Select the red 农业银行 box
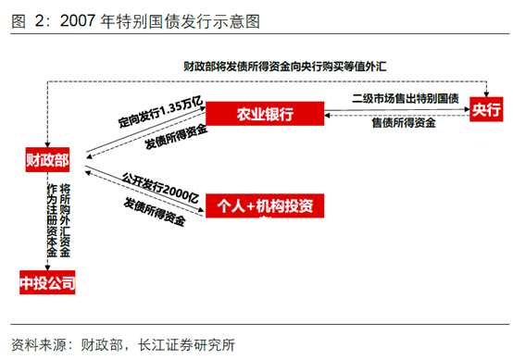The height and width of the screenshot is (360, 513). [264, 115]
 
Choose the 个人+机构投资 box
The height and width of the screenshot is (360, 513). [264, 205]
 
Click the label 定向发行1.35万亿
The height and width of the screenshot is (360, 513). [157, 116]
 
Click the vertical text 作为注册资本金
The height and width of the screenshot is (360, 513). [51, 221]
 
